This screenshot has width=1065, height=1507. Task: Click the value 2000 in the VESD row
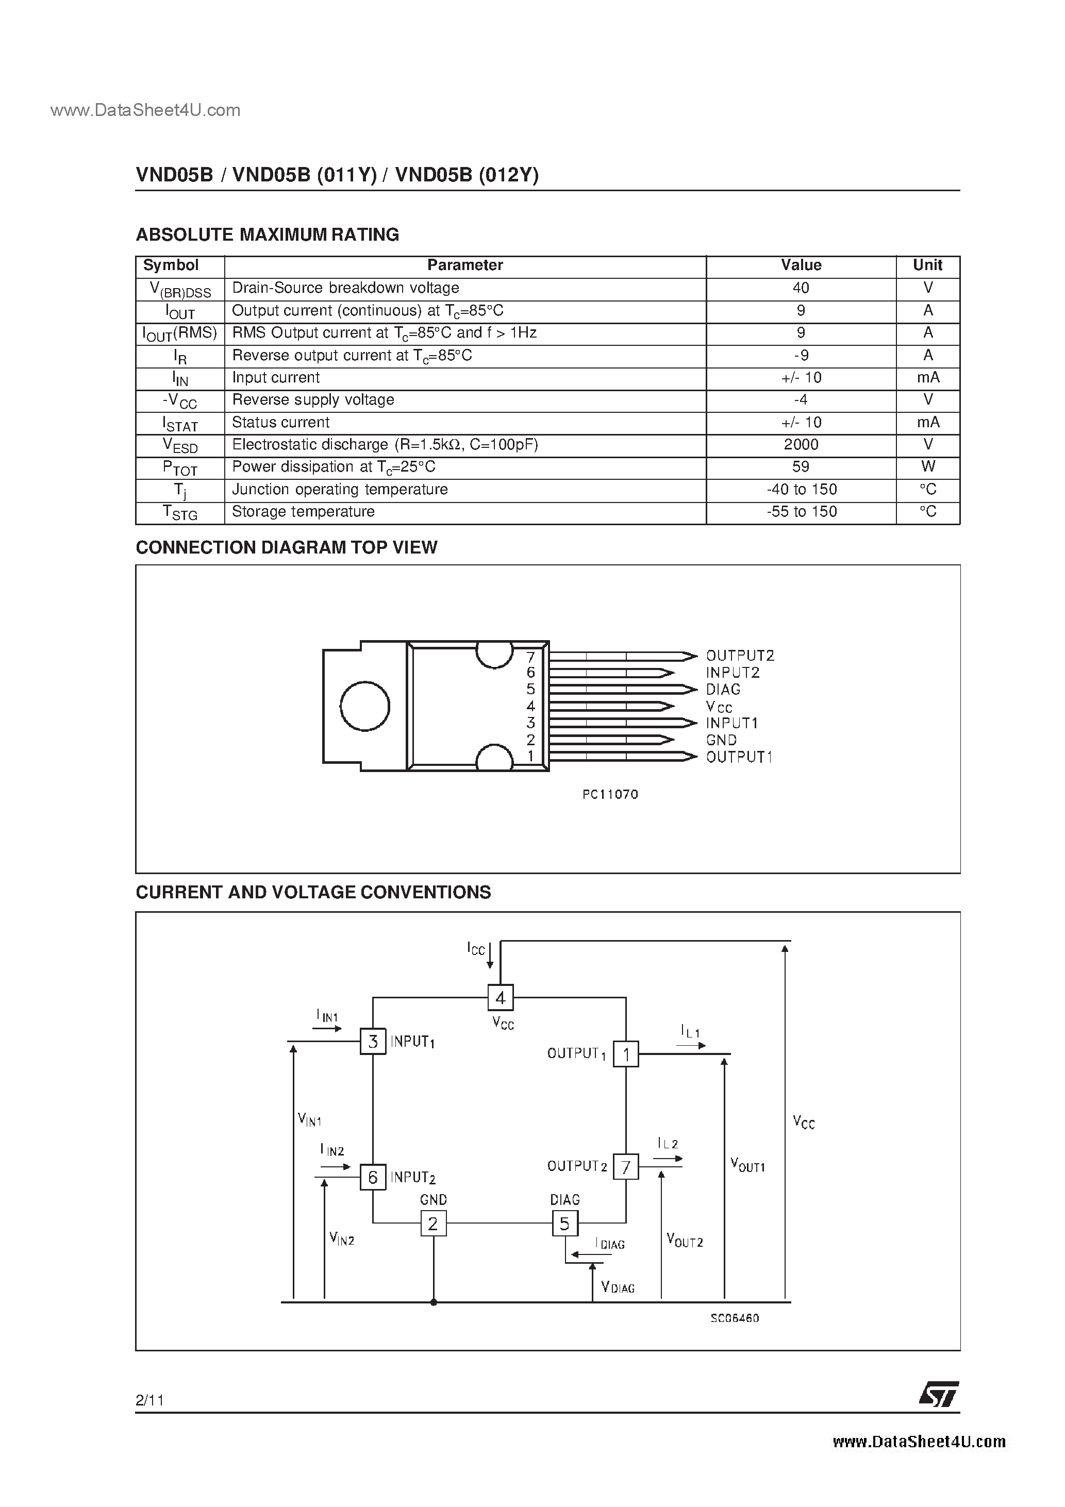(801, 444)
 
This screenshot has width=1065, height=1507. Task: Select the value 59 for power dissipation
(801, 466)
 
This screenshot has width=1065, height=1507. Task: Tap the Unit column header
(927, 265)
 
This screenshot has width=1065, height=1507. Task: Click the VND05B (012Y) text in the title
(468, 175)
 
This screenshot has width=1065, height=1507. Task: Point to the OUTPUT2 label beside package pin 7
(740, 656)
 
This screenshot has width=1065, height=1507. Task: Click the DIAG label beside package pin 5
(723, 689)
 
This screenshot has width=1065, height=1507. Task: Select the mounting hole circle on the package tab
(365, 706)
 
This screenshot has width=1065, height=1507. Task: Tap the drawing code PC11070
(610, 794)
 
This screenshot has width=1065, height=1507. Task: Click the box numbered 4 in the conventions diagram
(501, 998)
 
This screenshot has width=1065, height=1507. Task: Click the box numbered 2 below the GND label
(432, 1224)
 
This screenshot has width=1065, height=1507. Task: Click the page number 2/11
(149, 1400)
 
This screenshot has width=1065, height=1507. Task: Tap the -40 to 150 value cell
(801, 490)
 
